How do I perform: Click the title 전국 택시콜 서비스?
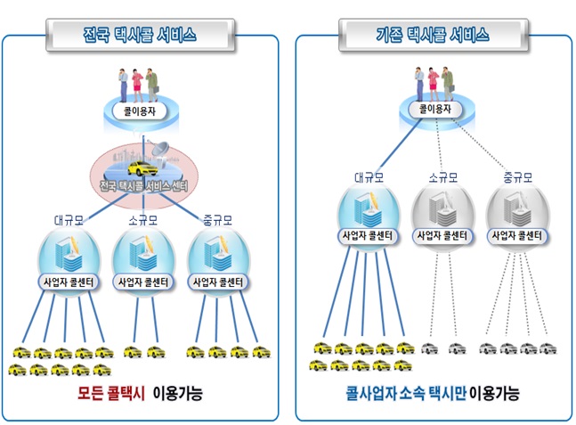(143, 36)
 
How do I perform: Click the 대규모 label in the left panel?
(69, 219)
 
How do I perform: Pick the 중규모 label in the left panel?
(218, 219)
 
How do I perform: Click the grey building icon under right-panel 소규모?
(442, 212)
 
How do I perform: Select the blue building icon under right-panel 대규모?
(368, 212)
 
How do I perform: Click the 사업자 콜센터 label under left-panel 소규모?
(143, 282)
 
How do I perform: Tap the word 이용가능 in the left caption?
(178, 393)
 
